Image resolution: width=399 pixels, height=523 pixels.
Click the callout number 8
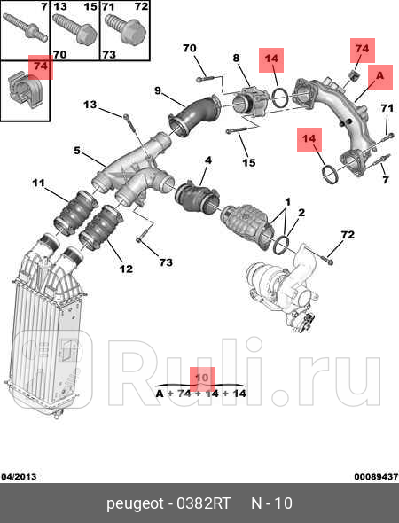pyautogui.click(x=236, y=59)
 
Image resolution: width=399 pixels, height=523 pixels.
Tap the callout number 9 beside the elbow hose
pyautogui.click(x=157, y=90)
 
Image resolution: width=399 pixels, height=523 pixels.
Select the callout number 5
pyautogui.click(x=77, y=151)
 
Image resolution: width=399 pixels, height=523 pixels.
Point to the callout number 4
pyautogui.click(x=207, y=161)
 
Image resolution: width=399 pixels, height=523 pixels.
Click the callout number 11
pyautogui.click(x=38, y=183)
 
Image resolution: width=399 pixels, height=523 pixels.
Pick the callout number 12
pyautogui.click(x=126, y=269)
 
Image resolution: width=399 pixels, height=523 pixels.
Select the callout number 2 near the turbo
pyautogui.click(x=301, y=213)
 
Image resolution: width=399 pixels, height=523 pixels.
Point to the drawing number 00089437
pyautogui.click(x=376, y=476)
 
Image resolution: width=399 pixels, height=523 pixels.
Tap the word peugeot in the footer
pyautogui.click(x=134, y=504)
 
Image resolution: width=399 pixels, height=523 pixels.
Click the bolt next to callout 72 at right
pyautogui.click(x=329, y=258)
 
